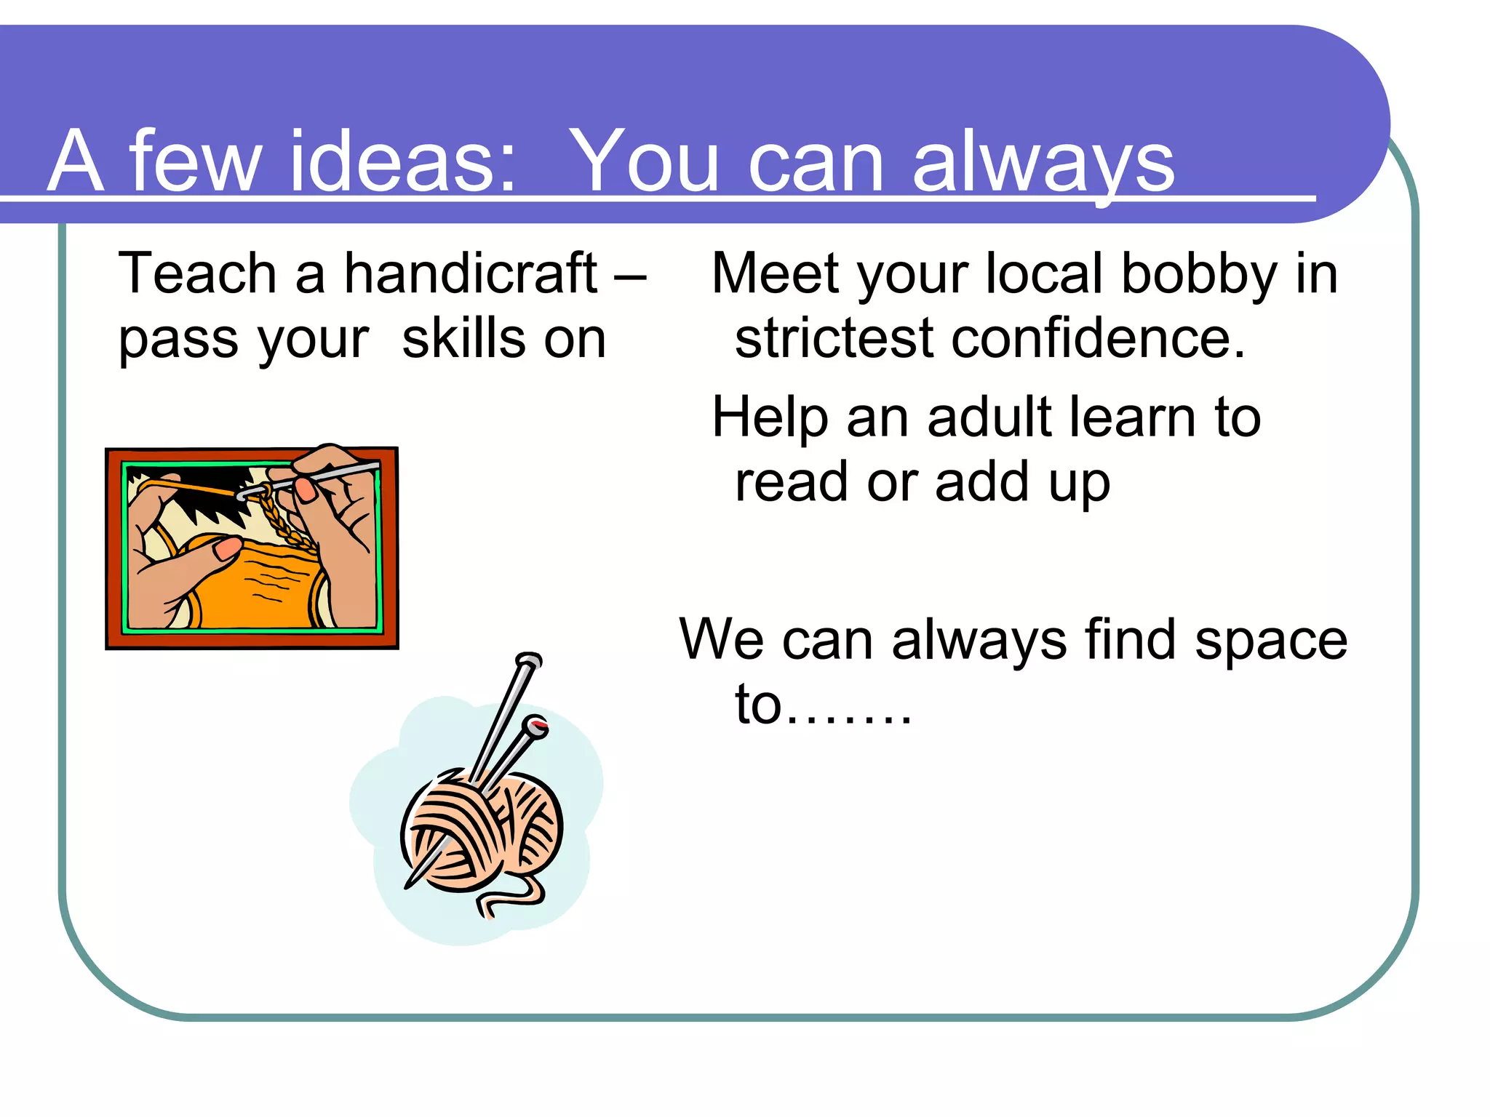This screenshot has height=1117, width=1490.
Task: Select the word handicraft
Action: coord(470,273)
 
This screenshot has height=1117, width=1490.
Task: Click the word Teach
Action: coord(197,273)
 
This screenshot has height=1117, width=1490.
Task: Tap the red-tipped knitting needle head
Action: coord(538,725)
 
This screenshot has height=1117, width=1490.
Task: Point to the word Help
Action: coord(770,419)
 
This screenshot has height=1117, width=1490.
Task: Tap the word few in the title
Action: coord(195,161)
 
